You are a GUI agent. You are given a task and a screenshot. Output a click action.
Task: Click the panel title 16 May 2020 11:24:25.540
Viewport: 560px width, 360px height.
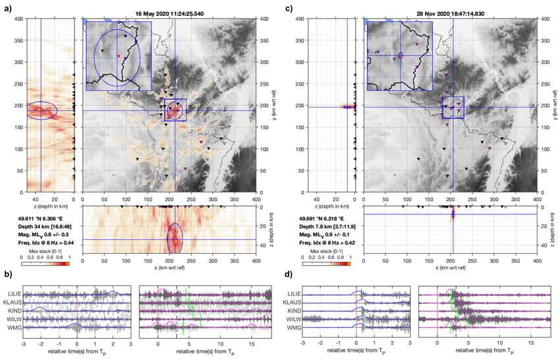point(168,13)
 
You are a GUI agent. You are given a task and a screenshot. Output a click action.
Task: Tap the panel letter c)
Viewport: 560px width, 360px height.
point(290,9)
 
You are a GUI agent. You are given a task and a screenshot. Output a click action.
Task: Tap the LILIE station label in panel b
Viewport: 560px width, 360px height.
point(14,293)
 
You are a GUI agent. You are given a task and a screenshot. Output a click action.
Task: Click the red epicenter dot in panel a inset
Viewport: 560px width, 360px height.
point(119,56)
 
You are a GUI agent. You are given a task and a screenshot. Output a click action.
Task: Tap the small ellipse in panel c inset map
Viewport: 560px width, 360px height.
point(400,55)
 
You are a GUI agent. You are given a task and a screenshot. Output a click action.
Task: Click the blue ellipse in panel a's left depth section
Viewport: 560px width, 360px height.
point(41,110)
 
